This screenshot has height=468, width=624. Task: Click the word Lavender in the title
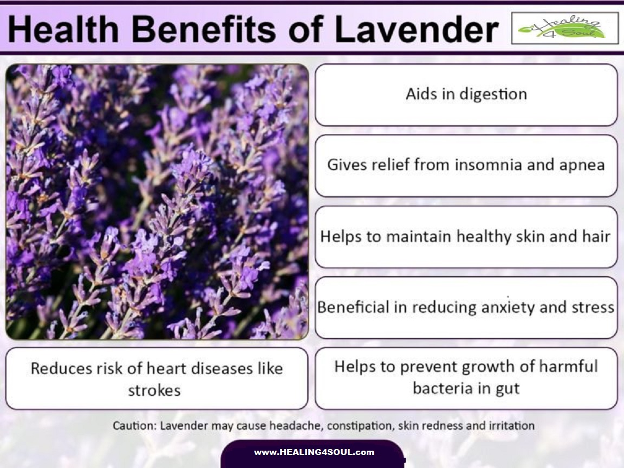[x=417, y=30]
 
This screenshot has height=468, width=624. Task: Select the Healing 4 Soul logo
[x=564, y=28]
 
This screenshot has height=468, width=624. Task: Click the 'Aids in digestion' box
[x=466, y=94]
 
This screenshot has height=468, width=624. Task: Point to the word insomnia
[x=482, y=165]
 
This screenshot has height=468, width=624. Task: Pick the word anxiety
[x=485, y=307]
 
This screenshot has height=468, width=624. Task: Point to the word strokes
[x=154, y=390]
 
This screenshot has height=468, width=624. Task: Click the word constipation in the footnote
[x=360, y=426]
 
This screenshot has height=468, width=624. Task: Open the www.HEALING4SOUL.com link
[x=314, y=452]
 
